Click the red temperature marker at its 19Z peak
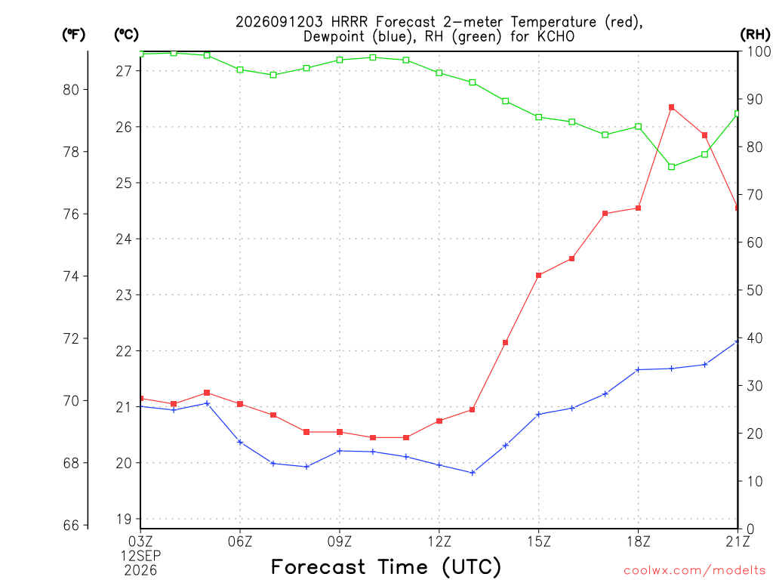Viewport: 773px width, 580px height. tap(671, 107)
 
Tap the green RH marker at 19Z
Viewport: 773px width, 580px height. tap(671, 167)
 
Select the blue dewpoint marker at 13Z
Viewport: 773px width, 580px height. tap(473, 473)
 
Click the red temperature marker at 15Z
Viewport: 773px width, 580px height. tap(539, 275)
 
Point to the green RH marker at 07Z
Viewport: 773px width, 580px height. tap(273, 75)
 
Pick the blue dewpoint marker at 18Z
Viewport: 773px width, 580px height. tap(638, 369)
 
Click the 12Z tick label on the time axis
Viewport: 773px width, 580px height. tap(439, 541)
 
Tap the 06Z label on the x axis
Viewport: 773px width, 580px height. tap(240, 541)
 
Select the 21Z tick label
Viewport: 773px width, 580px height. tap(738, 541)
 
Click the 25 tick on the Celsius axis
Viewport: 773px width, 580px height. tap(125, 184)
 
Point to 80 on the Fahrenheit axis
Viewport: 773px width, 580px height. tap(72, 90)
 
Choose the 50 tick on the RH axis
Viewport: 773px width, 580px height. tap(754, 290)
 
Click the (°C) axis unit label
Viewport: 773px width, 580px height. tap(126, 35)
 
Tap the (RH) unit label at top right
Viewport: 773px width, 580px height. tap(755, 34)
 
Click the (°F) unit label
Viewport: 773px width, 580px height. tap(73, 35)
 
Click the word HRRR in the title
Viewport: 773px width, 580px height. tap(350, 22)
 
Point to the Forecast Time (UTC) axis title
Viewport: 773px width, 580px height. tap(386, 567)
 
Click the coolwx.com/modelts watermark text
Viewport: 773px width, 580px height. tap(694, 571)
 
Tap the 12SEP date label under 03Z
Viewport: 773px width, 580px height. tap(140, 556)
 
